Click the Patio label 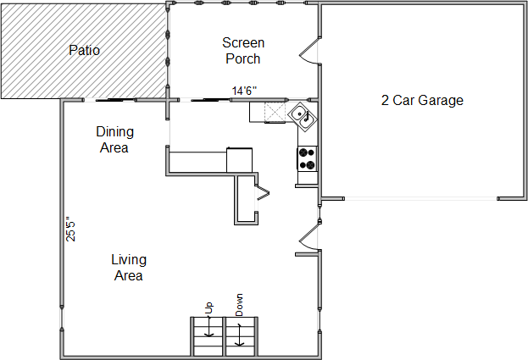(x=84, y=51)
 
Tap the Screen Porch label (x=243, y=51)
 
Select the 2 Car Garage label (x=422, y=100)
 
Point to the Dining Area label (x=114, y=140)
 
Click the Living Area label (x=129, y=268)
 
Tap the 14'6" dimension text (x=244, y=91)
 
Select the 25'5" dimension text (x=70, y=229)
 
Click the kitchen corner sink (x=303, y=117)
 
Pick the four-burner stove (x=307, y=158)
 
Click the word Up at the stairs (x=209, y=307)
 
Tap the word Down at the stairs (x=239, y=305)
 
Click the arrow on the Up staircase (x=209, y=325)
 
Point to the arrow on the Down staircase (x=239, y=335)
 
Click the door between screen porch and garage (x=309, y=51)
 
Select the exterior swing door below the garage (x=309, y=237)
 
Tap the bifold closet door (x=263, y=193)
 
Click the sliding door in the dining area (x=109, y=100)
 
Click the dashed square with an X (x=275, y=112)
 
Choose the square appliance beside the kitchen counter (x=239, y=160)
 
